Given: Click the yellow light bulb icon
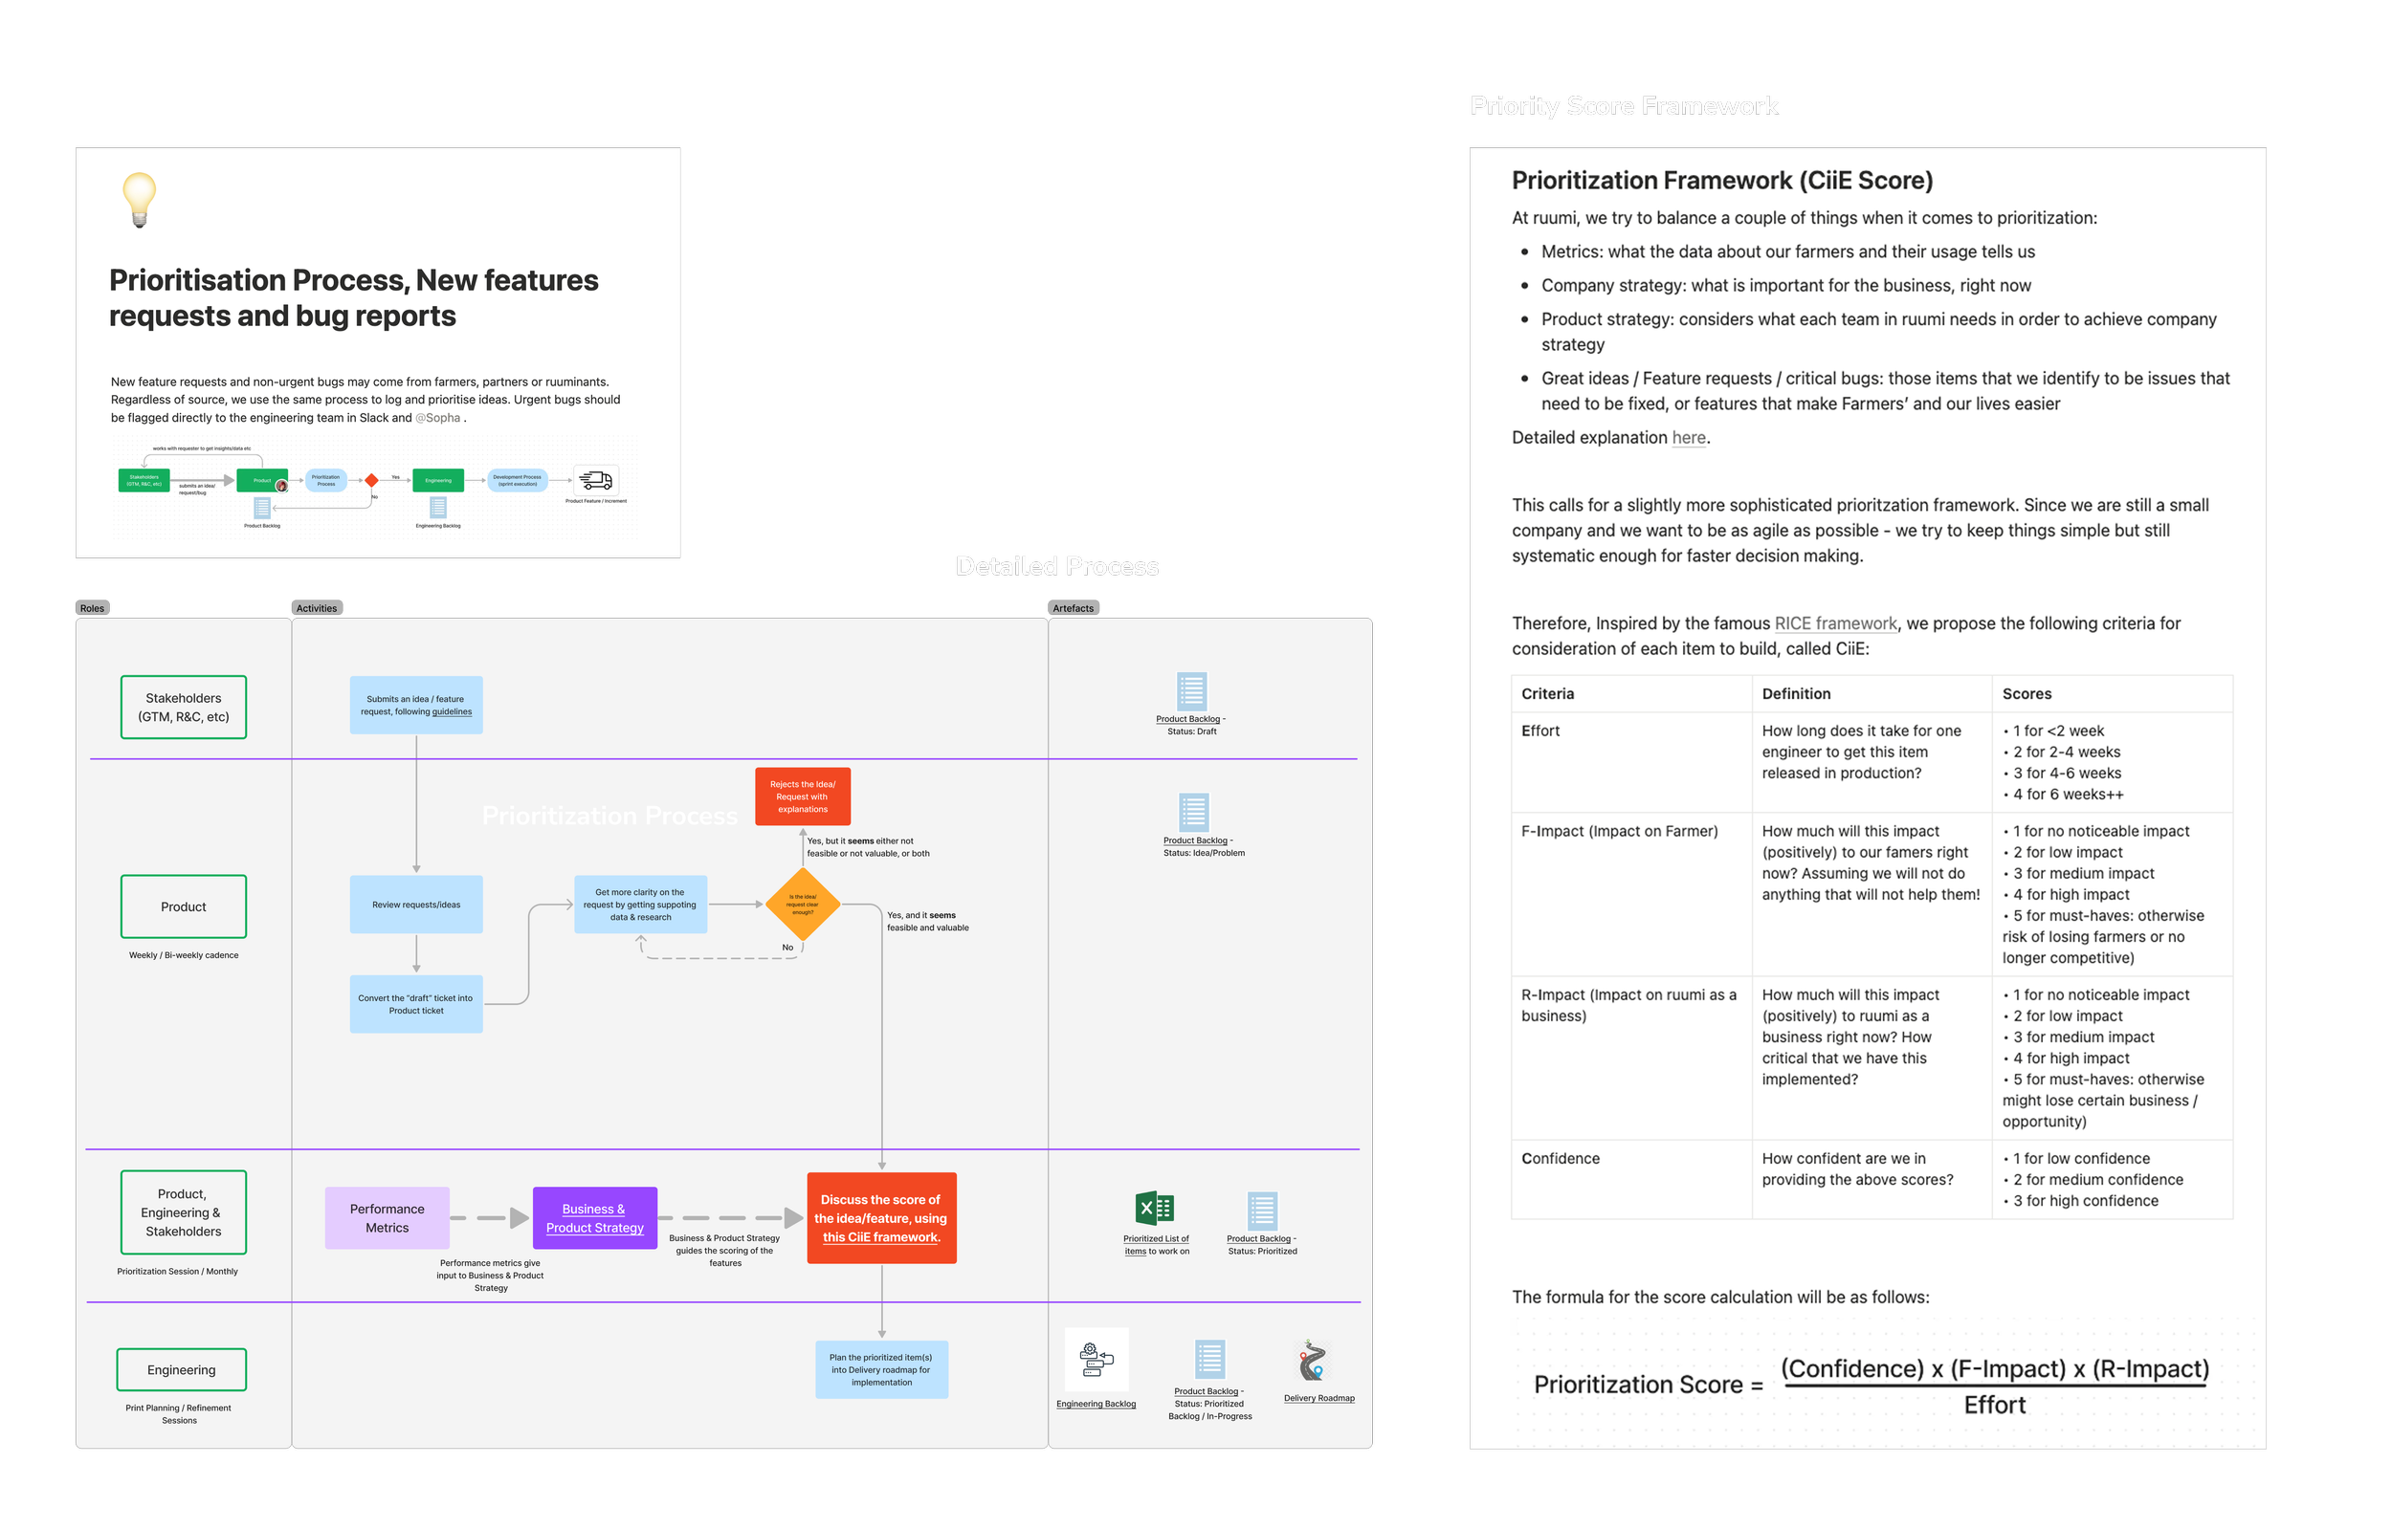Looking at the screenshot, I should tap(139, 199).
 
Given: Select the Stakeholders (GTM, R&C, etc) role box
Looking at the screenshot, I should tap(184, 707).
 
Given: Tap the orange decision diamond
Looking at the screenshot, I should tap(803, 904).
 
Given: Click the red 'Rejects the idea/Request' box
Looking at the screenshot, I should tap(803, 797).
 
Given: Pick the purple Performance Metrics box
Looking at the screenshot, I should tap(388, 1217).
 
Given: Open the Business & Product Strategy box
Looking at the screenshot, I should tap(595, 1217).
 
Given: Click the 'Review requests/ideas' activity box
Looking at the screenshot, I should tap(416, 905).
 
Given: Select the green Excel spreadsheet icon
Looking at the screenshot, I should tap(1154, 1209).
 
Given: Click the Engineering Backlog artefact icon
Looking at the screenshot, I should tap(1096, 1361).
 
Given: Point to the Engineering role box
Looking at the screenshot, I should tap(182, 1369).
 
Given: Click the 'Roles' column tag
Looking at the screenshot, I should tap(93, 607).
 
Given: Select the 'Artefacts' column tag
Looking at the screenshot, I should tap(1073, 607).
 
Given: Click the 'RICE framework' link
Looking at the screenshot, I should tap(1835, 623).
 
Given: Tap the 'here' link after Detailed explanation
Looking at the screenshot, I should tap(1689, 438).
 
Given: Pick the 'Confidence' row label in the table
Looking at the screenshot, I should tap(1560, 1159).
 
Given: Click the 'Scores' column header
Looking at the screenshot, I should tap(2027, 694).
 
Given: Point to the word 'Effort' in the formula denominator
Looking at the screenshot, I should tap(1995, 1405).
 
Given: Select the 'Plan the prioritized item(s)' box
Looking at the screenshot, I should tap(881, 1369).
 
